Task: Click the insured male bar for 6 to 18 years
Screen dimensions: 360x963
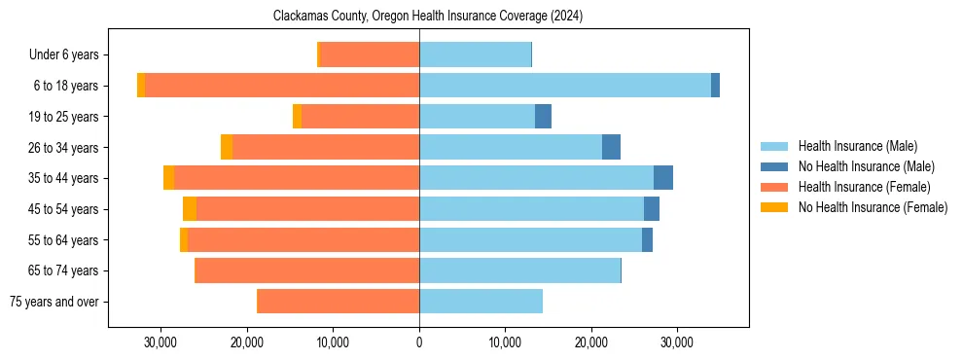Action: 564,86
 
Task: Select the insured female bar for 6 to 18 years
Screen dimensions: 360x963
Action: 282,86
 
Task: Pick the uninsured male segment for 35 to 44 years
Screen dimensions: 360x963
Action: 663,178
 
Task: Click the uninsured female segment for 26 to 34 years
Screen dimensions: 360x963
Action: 227,147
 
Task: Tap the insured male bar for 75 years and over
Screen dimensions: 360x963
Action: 481,302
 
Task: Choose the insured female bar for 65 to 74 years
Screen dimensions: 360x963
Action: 307,270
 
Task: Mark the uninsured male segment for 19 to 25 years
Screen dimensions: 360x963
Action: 544,117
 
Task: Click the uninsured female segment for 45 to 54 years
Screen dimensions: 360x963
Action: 190,209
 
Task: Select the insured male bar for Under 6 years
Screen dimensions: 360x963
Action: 475,55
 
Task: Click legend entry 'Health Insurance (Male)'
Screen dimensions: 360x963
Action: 857,146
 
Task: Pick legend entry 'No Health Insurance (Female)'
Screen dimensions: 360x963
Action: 873,207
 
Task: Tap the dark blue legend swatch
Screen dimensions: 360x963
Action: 775,166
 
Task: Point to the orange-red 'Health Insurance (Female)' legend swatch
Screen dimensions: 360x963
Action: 775,187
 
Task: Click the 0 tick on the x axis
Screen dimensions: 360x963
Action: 419,342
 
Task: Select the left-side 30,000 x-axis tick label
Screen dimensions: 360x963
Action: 160,342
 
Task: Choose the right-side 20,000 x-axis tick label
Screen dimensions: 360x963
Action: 591,342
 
